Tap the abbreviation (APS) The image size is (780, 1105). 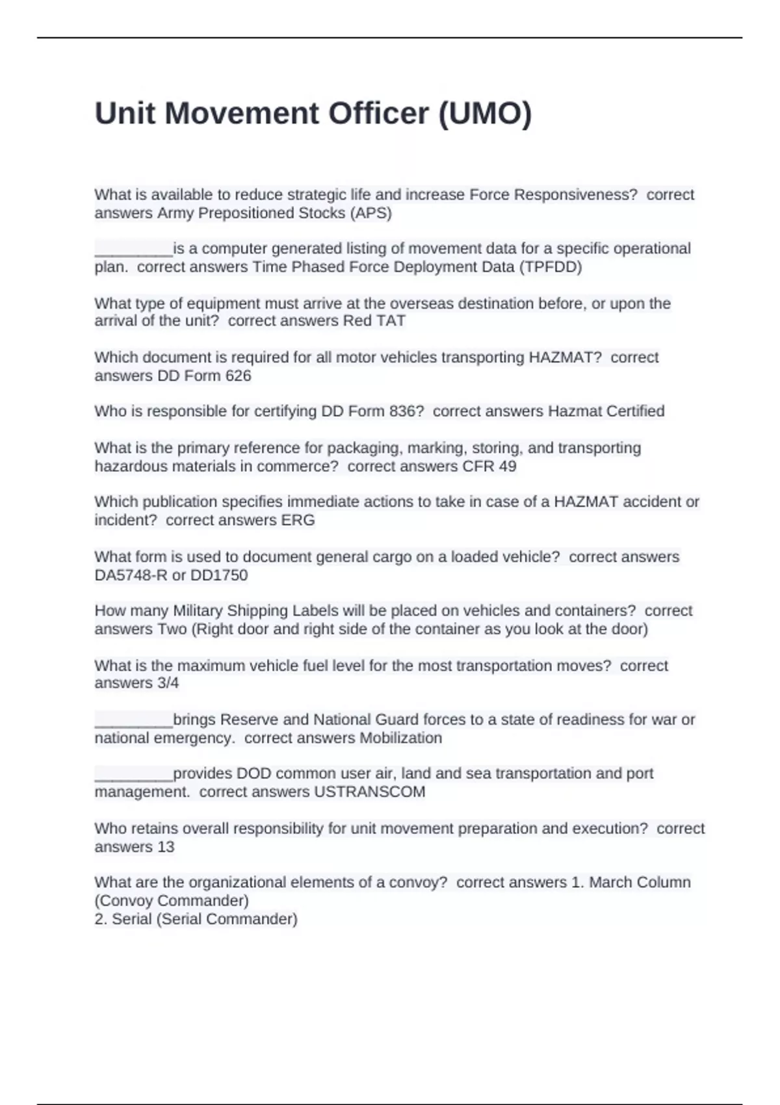coord(370,213)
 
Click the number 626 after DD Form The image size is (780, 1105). coord(238,376)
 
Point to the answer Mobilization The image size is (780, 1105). coord(400,738)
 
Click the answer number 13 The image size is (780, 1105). coord(166,847)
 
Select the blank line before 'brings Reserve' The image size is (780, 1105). coord(133,723)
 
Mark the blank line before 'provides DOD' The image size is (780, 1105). coord(133,777)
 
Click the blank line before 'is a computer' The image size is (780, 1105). coord(133,252)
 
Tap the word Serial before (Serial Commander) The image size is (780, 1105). coord(132,919)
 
